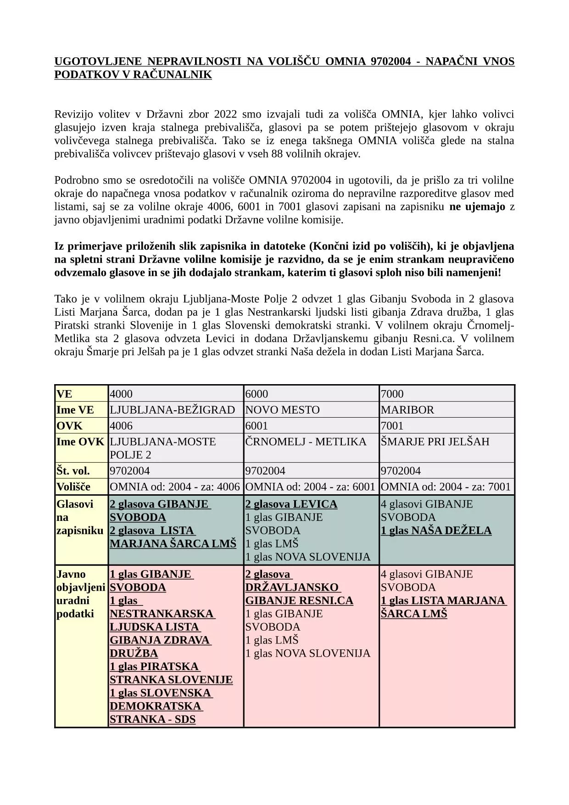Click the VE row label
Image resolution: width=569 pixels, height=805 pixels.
(x=64, y=394)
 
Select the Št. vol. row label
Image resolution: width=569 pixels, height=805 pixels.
(x=73, y=471)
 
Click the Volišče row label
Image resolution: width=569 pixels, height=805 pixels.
(x=73, y=486)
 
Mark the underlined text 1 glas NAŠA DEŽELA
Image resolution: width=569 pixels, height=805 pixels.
(x=436, y=531)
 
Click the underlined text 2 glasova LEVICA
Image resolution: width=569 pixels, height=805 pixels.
(x=291, y=504)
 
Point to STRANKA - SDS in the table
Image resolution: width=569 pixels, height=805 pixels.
(x=152, y=719)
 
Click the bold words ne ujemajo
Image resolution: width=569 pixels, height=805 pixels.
(x=477, y=207)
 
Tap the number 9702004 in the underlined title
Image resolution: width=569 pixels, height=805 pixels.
(x=390, y=61)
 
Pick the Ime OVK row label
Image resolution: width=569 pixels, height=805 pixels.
(x=80, y=442)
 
